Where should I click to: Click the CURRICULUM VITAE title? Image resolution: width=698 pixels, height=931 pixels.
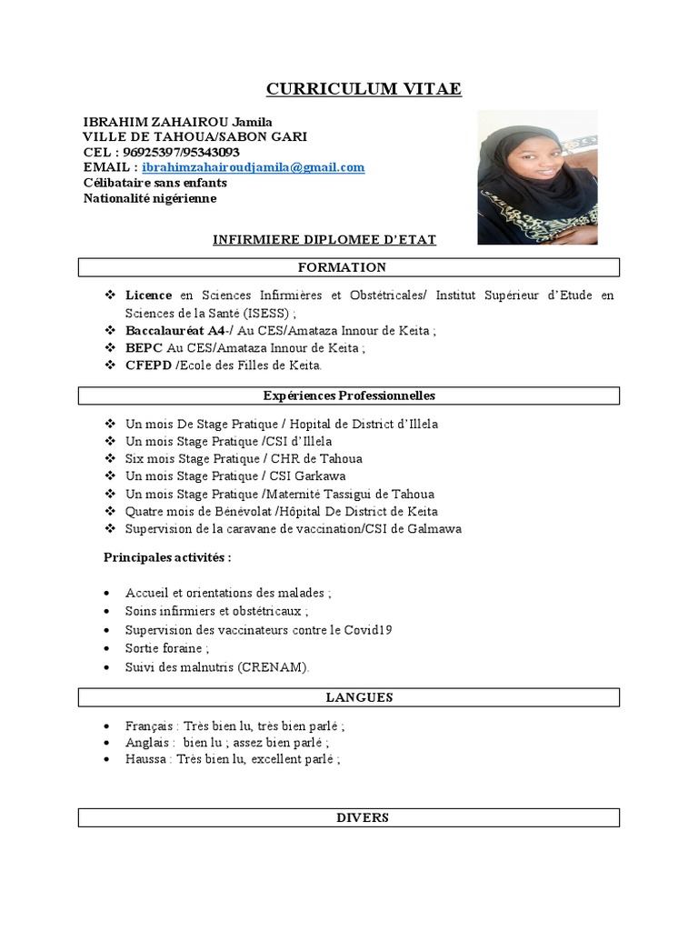(x=364, y=89)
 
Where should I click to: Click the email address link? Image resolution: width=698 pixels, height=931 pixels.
(x=254, y=167)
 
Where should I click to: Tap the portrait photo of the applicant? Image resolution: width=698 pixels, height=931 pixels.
(x=537, y=177)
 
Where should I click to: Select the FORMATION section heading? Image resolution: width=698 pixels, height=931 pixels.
(x=349, y=267)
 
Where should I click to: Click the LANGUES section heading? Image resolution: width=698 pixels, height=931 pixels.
(x=349, y=697)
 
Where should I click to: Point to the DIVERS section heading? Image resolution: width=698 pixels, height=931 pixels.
(x=349, y=817)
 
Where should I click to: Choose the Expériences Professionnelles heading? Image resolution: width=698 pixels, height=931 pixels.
(x=349, y=395)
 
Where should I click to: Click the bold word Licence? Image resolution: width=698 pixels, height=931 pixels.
(x=148, y=295)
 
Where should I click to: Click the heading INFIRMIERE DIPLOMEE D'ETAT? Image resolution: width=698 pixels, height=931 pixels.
(x=324, y=240)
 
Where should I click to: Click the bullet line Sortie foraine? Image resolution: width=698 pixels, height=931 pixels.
(x=167, y=648)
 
